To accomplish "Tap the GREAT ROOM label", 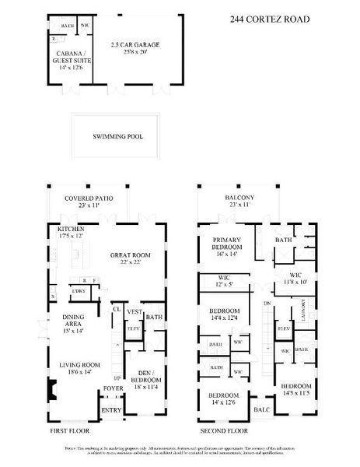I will (130, 255).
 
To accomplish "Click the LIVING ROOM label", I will (81, 363).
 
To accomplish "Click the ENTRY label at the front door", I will (113, 409).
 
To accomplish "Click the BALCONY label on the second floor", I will (240, 198).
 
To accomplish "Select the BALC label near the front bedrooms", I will (262, 409).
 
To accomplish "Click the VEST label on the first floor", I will (134, 311).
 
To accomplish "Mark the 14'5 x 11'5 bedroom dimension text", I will (295, 394).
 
